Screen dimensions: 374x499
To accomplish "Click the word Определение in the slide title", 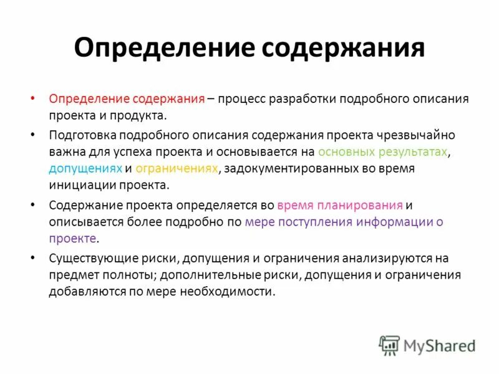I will click(x=162, y=48).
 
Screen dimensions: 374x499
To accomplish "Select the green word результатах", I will click(x=414, y=151).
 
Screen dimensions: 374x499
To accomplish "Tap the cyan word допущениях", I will click(x=85, y=169).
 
